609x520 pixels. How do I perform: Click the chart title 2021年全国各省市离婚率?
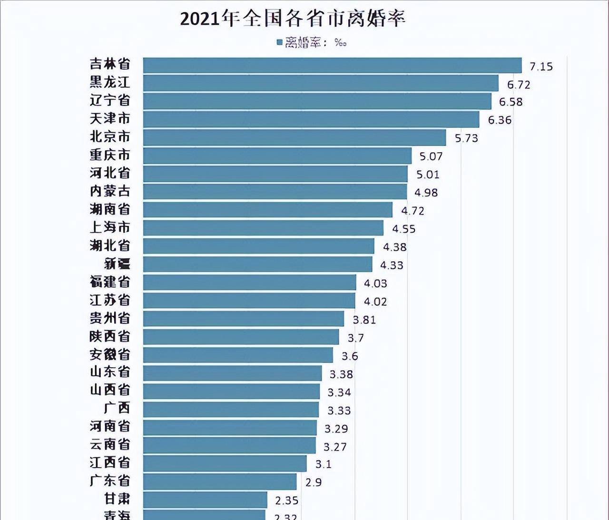coord(293,19)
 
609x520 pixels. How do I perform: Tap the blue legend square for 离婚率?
coord(280,42)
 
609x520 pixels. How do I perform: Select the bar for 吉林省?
coord(332,65)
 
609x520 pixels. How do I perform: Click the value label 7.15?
coord(541,67)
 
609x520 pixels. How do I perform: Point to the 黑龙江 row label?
coord(110,82)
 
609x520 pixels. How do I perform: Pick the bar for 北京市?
coord(294,137)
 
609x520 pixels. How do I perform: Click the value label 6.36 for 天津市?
coord(500,120)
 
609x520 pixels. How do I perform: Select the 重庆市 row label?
coord(110,155)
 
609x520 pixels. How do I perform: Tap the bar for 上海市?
coord(263,228)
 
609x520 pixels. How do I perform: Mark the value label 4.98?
coord(426,193)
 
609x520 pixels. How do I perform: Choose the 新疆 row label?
coord(117,264)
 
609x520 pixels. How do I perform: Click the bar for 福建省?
coord(249,282)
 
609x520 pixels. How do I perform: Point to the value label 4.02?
coord(375,302)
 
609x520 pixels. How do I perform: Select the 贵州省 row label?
coord(110,318)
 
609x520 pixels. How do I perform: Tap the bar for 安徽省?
coord(238,355)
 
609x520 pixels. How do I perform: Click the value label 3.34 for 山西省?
coord(339,392)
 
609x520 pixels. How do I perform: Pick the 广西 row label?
coord(117,408)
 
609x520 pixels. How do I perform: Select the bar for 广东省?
coord(220,481)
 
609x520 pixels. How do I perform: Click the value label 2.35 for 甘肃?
coord(286,500)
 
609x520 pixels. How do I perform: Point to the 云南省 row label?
coord(110,444)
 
